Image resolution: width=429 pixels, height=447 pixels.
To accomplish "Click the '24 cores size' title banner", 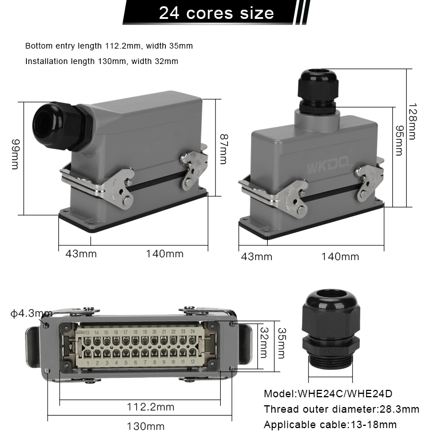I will [216, 13].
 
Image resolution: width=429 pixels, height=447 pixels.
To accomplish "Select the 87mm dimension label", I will [224, 149].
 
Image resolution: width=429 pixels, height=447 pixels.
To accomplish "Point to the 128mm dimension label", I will [414, 121].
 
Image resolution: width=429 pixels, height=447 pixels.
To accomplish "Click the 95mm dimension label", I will [399, 141].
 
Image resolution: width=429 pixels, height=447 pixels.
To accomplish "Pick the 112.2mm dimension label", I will [150, 407].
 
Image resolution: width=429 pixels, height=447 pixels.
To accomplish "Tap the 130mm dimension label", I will [145, 426].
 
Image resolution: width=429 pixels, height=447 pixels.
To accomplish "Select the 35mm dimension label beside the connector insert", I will [281, 343].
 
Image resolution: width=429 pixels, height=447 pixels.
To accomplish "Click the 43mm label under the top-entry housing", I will [256, 257].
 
